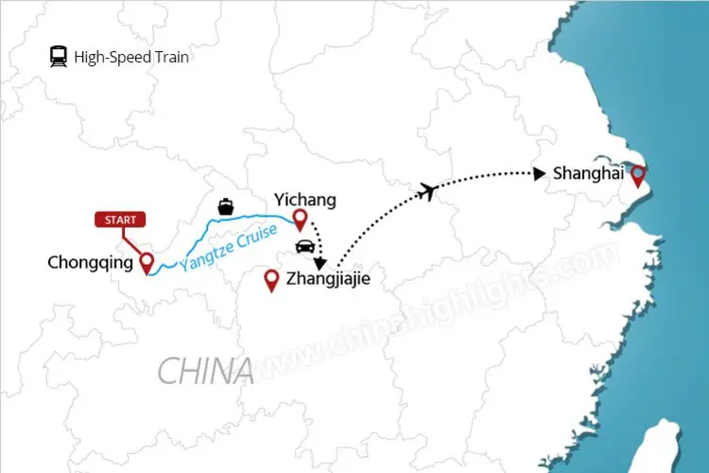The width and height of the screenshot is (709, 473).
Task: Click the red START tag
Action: (121, 219)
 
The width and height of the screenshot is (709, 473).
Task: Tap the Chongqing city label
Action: (90, 263)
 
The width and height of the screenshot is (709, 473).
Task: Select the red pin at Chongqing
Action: (147, 262)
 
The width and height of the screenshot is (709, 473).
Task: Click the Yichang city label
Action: (304, 200)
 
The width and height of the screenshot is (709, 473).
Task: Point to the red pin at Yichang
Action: (300, 220)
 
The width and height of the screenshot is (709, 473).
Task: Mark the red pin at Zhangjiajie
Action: (272, 280)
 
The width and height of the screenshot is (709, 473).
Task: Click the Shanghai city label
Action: (589, 173)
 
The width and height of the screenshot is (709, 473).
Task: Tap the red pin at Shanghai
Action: (639, 175)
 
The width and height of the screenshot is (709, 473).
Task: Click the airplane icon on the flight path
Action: (430, 191)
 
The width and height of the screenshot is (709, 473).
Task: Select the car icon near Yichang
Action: (305, 247)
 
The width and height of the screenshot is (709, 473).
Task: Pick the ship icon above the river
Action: (225, 205)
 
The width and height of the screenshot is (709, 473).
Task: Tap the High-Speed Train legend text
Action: (131, 57)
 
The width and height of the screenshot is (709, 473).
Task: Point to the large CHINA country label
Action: (205, 370)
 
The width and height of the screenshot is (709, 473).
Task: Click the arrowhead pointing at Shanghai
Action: (539, 173)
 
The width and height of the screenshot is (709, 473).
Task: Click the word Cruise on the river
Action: (254, 236)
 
